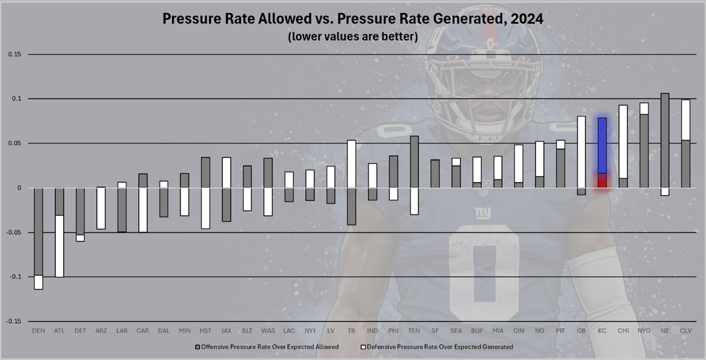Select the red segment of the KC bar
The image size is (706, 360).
602,181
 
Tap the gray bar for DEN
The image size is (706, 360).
38,232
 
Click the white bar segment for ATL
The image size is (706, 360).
59,246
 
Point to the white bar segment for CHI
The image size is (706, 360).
623,142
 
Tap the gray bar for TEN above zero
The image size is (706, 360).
415,162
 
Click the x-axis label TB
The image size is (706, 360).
351,330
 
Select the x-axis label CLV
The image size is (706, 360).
685,330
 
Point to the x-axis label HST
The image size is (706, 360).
205,330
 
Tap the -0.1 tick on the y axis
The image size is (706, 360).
14,277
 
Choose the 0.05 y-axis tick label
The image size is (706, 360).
15,143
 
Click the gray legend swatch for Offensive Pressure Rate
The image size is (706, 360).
197,346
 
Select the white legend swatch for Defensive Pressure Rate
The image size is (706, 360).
363,346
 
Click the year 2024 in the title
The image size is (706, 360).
527,19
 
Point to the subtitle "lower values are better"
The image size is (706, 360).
352,37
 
